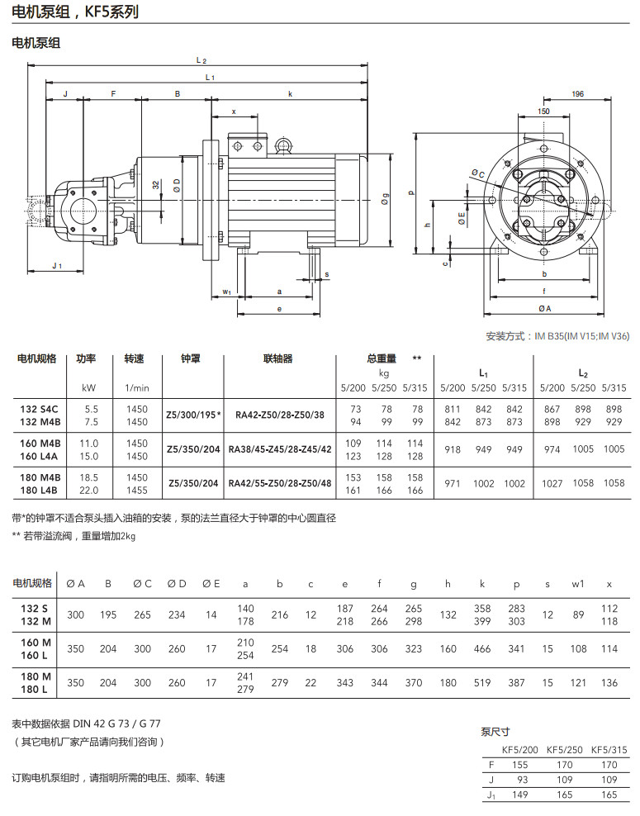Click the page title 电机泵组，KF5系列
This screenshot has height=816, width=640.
point(75,12)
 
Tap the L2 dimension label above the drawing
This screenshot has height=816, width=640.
point(201,61)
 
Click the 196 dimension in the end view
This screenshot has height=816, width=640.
point(577,94)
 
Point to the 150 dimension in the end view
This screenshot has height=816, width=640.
point(543,111)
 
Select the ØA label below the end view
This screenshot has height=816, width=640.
point(544,308)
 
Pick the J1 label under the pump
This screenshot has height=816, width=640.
point(56,265)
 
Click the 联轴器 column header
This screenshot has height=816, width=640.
point(277,359)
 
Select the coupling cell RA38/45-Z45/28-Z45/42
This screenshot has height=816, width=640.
point(280,449)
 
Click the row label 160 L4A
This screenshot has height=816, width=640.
point(40,456)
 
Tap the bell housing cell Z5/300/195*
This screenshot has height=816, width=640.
point(193,415)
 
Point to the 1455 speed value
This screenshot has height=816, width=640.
point(136,491)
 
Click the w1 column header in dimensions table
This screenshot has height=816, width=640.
point(578,584)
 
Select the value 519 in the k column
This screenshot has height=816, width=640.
point(483,683)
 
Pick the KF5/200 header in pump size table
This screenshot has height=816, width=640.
point(520,750)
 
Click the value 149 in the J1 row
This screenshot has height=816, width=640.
point(520,795)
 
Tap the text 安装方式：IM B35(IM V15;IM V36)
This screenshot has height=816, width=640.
point(557,336)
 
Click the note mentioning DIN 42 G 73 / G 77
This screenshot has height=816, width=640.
point(87,723)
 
